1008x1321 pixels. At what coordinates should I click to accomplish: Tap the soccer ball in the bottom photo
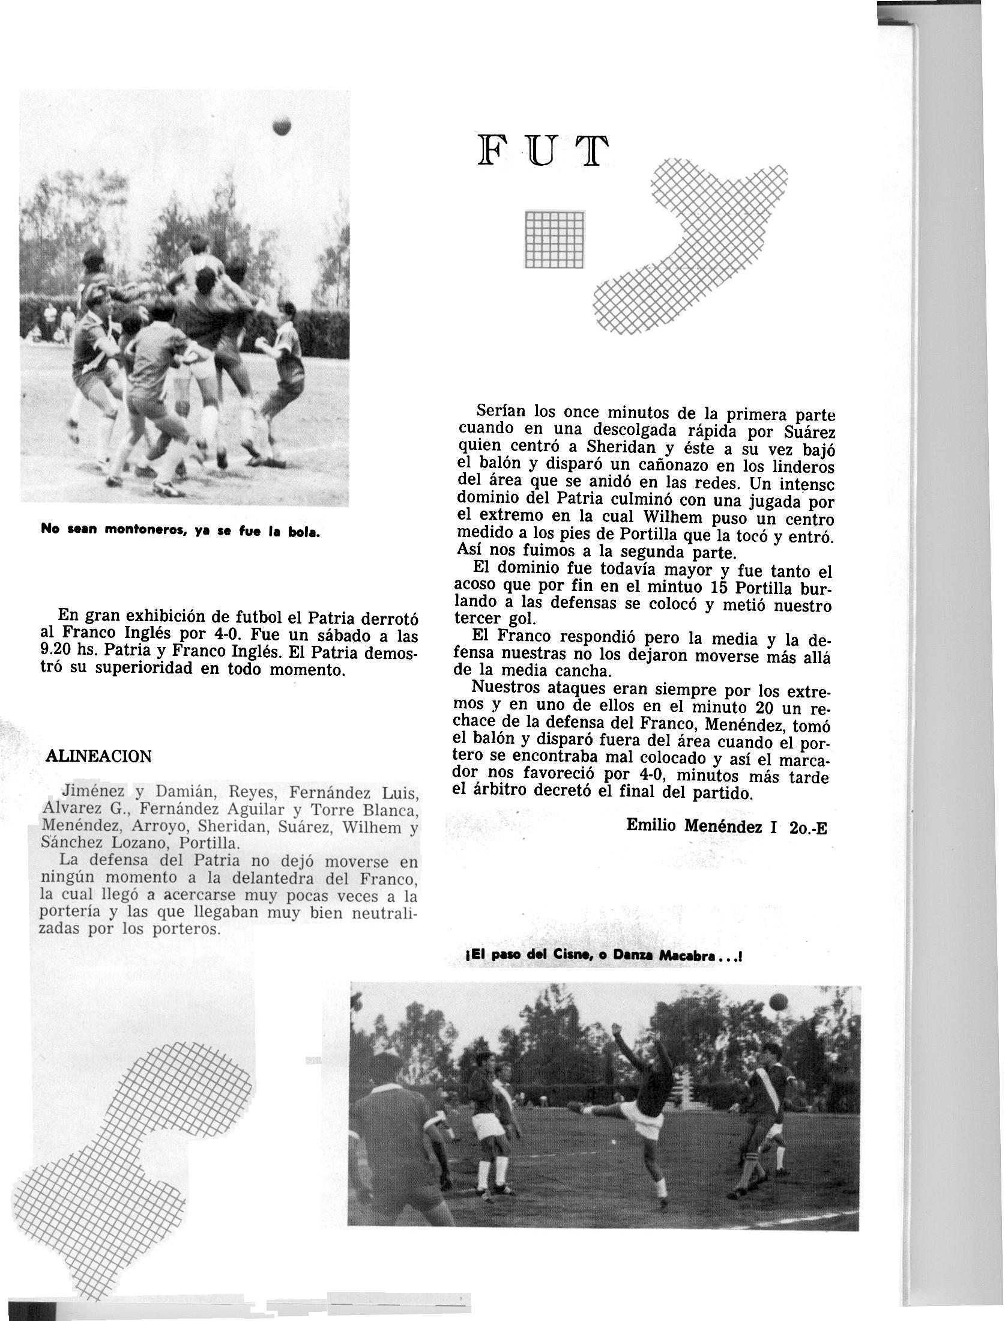[x=779, y=1002]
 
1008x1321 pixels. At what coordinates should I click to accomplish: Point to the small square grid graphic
[x=554, y=238]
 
